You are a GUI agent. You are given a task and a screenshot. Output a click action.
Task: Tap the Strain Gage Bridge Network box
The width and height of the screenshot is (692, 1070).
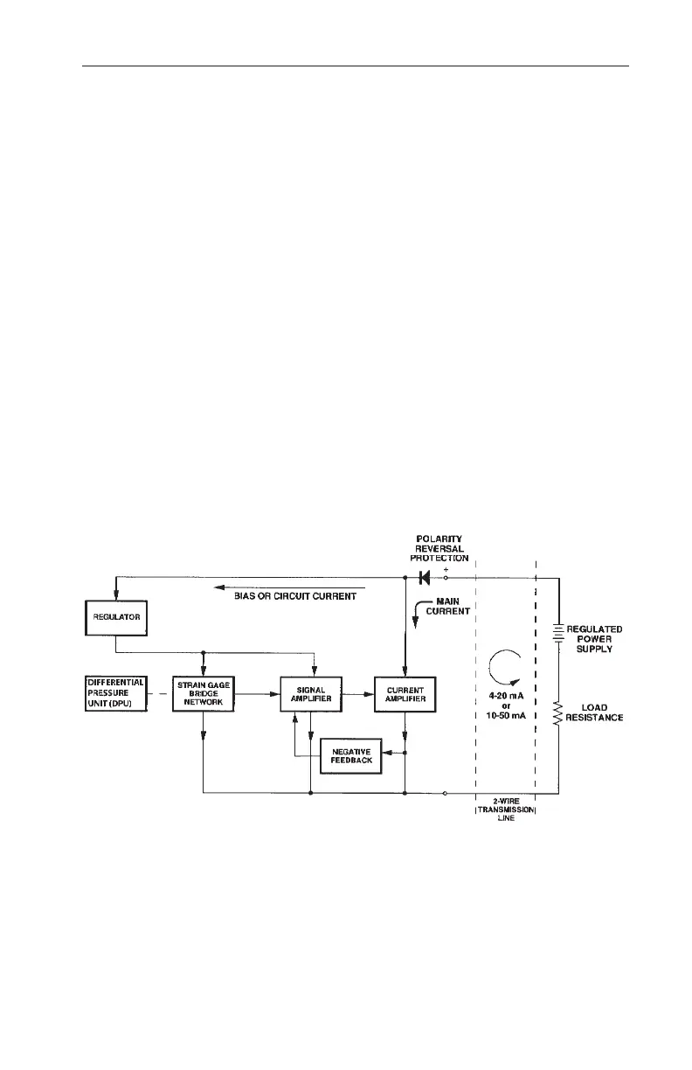pos(203,694)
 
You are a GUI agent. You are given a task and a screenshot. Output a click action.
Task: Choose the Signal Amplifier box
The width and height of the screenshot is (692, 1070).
pos(310,694)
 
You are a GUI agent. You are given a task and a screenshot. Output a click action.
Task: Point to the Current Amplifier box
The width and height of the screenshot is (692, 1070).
pos(405,694)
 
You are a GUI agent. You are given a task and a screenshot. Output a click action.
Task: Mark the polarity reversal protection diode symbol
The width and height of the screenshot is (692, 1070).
pos(426,578)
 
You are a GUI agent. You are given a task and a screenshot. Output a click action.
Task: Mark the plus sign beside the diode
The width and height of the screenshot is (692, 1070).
pos(446,569)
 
